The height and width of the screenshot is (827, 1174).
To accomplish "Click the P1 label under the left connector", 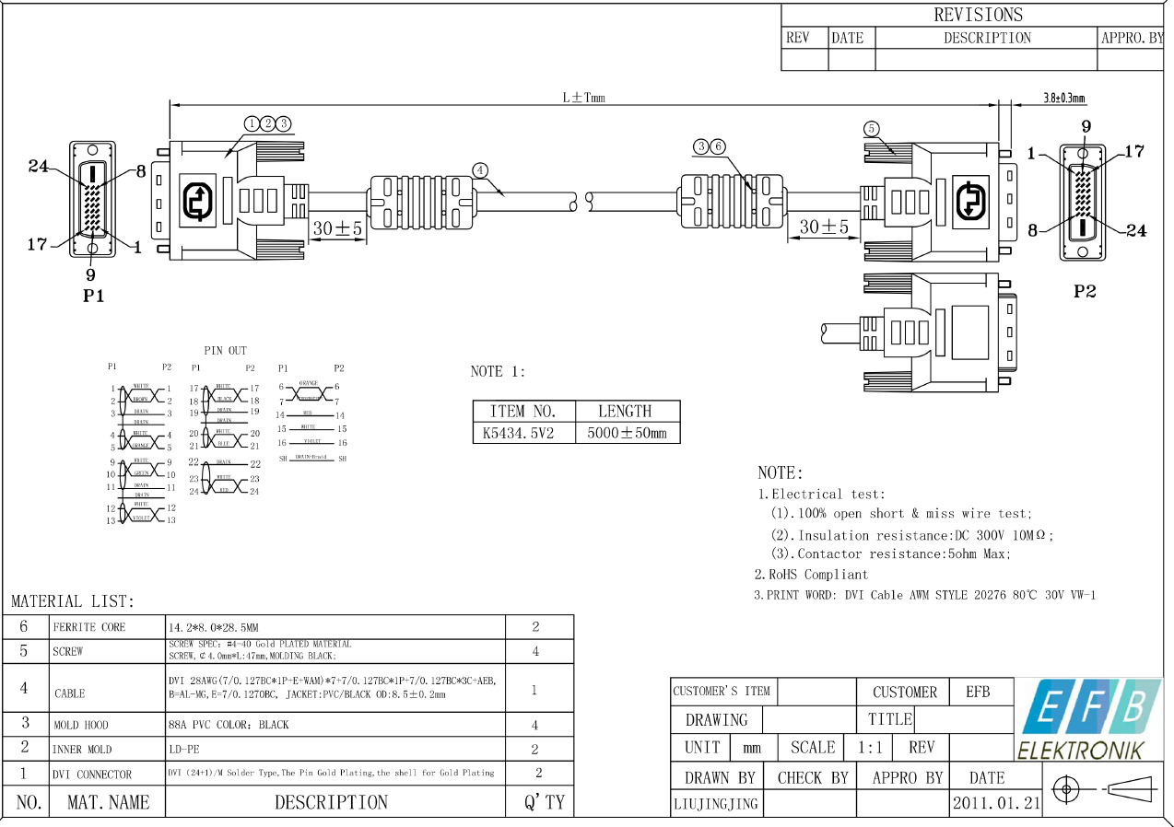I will coord(93,297).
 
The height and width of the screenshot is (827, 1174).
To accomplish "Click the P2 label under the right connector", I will coord(1085,291).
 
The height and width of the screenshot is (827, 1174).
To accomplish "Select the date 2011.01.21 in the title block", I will coord(996,803).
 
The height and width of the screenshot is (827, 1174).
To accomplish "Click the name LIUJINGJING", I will coord(715,803).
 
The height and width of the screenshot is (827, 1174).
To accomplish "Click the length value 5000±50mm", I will coord(627,433).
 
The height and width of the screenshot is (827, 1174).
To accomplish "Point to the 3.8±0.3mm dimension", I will coord(1063,98).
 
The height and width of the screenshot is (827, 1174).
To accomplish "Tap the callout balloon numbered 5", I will coord(872,128).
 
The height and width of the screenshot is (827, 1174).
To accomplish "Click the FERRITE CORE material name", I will coord(88,627).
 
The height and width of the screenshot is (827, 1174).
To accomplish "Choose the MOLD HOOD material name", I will coord(81,725).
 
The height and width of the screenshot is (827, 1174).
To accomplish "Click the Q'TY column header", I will coord(544,802).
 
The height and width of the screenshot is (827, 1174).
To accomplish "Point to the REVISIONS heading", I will coord(978,15).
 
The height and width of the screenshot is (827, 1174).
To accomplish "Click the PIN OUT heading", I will coord(225,351).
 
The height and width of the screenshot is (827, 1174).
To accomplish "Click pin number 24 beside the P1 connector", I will coord(38,167).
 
